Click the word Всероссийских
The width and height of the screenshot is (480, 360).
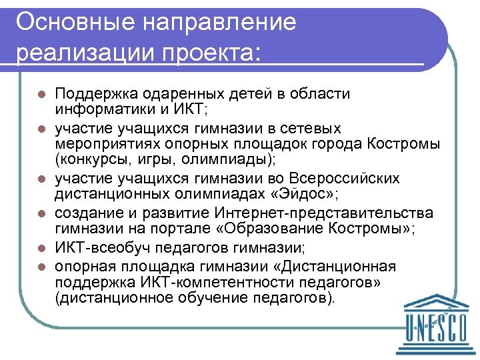click(x=342, y=179)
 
